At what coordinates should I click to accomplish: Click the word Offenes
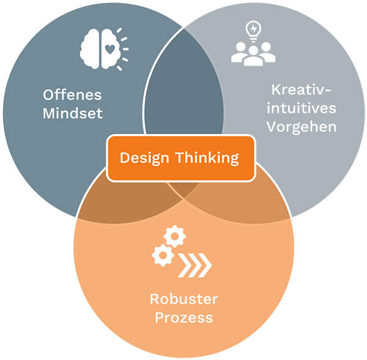tap(72, 95)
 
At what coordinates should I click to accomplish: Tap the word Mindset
tap(73, 113)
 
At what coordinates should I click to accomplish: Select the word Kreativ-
tap(301, 89)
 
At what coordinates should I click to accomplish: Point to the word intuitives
tap(302, 108)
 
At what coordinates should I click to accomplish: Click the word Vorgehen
tap(302, 127)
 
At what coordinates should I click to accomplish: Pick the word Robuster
tap(183, 299)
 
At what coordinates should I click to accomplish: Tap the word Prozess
tap(183, 318)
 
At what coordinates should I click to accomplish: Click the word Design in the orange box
tap(144, 158)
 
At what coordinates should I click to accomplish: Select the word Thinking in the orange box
tap(207, 158)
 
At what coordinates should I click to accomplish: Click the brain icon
tap(101, 49)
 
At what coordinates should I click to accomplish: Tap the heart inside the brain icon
tap(109, 49)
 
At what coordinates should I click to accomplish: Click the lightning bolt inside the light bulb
tap(253, 29)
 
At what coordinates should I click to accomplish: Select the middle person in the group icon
tap(253, 56)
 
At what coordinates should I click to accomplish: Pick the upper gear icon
tap(174, 236)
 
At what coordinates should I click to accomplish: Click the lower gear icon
tap(163, 255)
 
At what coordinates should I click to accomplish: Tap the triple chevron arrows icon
tap(195, 265)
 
